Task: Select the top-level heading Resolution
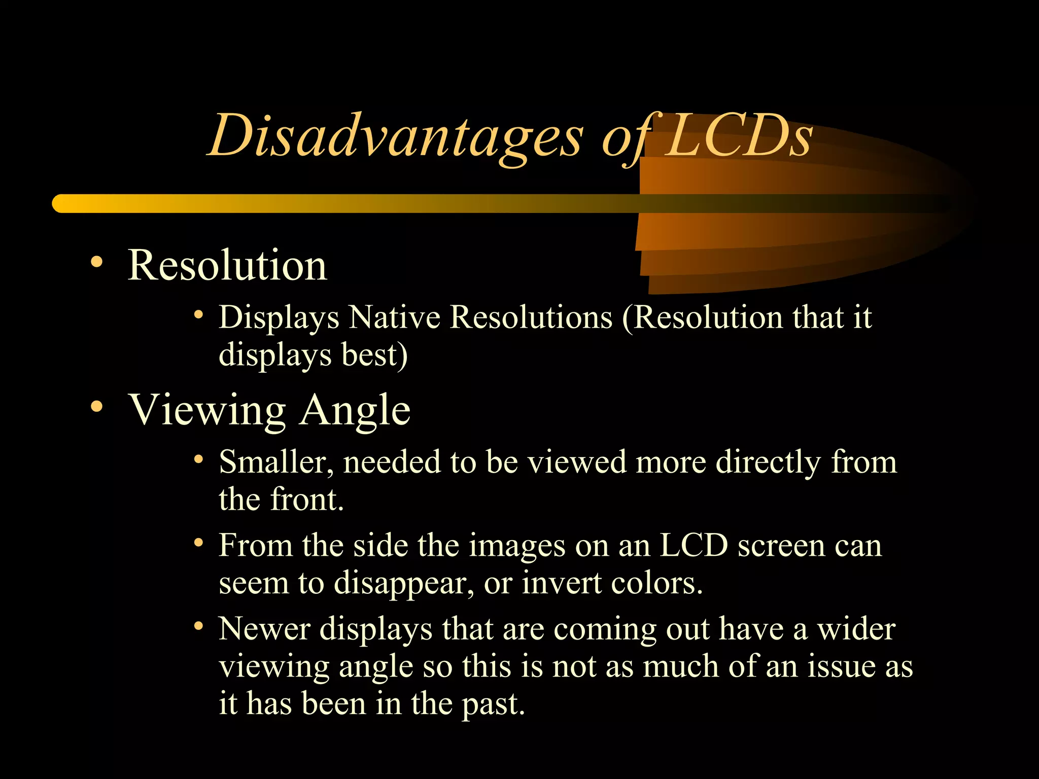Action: tap(227, 265)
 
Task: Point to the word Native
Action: tap(395, 318)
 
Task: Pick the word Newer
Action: tap(264, 629)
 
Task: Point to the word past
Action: tap(493, 705)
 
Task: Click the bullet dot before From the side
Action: tap(198, 543)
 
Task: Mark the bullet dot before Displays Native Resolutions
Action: tap(198, 315)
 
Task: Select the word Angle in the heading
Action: tap(355, 410)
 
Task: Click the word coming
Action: tap(605, 630)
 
